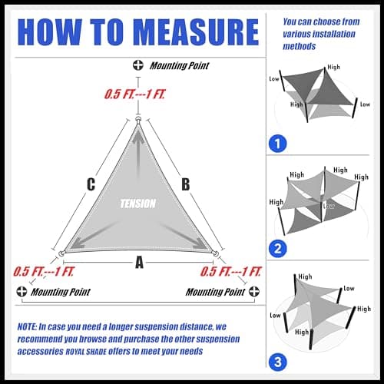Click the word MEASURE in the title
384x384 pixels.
[196, 32]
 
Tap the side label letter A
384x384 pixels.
[139, 263]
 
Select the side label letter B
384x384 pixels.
[186, 184]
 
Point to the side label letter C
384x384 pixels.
[91, 184]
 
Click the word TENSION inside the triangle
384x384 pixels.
[138, 204]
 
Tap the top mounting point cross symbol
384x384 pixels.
[138, 65]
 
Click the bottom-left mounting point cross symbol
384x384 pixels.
[22, 291]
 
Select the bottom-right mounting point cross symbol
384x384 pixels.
[254, 291]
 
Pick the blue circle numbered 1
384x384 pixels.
[278, 144]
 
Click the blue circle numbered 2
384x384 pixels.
[278, 249]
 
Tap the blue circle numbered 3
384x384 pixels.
[278, 362]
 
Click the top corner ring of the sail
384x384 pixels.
[138, 120]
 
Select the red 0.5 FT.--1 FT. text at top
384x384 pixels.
[135, 94]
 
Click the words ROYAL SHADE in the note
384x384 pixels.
[86, 352]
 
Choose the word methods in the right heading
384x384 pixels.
[300, 46]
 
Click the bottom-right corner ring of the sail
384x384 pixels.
[216, 254]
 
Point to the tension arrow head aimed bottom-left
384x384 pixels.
[76, 244]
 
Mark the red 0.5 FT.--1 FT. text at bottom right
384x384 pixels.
[231, 272]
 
